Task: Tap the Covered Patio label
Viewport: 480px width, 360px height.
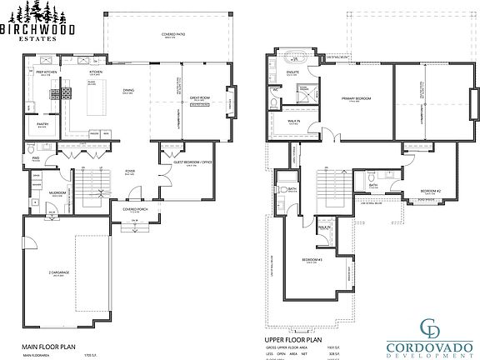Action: pos(173,35)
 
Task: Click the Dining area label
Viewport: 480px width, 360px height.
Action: pos(128,90)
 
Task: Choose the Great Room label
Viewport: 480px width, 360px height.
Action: pos(198,98)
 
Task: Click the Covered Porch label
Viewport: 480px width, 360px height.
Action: pos(134,210)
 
